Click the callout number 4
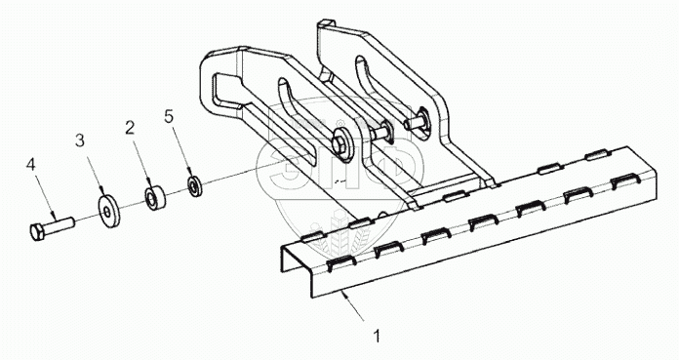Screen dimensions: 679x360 30,164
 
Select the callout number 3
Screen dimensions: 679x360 80,140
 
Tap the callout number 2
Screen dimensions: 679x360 130,128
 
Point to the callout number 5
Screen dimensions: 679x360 169,116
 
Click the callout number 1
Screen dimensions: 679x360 378,336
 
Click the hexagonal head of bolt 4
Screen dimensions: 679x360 37,232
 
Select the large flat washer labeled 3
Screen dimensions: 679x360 108,212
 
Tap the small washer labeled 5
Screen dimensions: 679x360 194,185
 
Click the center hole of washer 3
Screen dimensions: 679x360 107,212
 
